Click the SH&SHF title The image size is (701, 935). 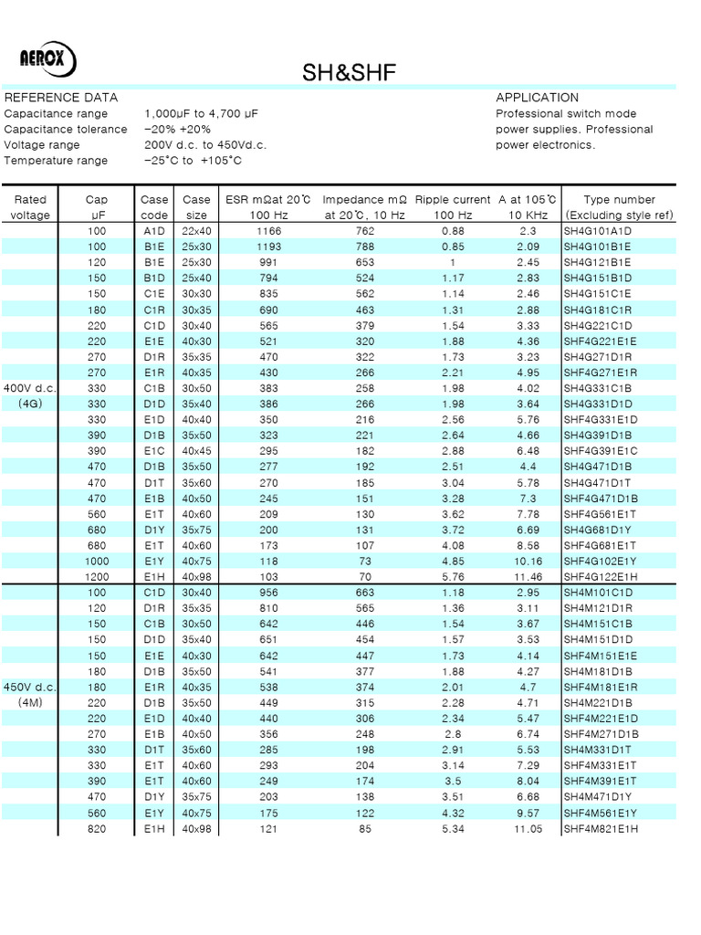pyautogui.click(x=350, y=74)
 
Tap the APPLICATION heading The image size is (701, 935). pyautogui.click(x=537, y=98)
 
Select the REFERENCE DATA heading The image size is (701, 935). pyautogui.click(x=61, y=98)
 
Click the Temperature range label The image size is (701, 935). pyautogui.click(x=56, y=161)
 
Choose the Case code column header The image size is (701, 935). pyautogui.click(x=154, y=207)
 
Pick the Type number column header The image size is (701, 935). pyautogui.click(x=619, y=207)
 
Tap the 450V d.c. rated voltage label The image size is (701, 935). pyautogui.click(x=31, y=693)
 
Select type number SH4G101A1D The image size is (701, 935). pyautogui.click(x=598, y=231)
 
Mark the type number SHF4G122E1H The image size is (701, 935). pyautogui.click(x=601, y=577)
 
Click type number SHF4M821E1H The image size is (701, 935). pyautogui.click(x=601, y=829)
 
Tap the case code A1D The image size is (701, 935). pyautogui.click(x=154, y=231)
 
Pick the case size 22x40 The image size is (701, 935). pyautogui.click(x=196, y=231)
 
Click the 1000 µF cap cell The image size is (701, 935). pyautogui.click(x=96, y=562)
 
